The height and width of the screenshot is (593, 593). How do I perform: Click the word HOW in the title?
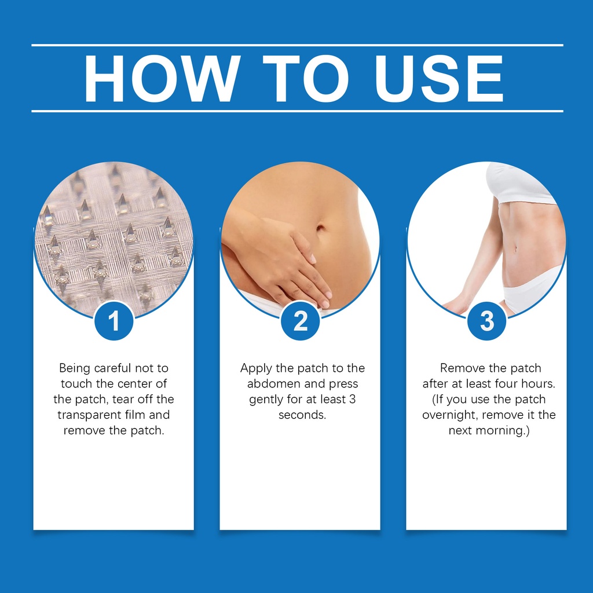coord(162,79)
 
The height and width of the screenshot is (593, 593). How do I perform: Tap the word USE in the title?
coord(439,79)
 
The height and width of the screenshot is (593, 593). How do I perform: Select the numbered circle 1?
coord(114,321)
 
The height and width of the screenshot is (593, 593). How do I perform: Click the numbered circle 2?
coord(301,321)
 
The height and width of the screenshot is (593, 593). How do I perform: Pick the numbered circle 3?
coord(486,321)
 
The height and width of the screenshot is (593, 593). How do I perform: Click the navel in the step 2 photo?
coord(320,228)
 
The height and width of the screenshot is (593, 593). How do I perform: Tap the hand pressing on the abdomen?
coord(280,257)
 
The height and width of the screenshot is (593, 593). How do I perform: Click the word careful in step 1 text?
coord(113,368)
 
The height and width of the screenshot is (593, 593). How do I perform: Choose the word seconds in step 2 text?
coord(302,415)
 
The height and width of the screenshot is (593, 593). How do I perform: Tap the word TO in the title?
coord(306,79)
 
